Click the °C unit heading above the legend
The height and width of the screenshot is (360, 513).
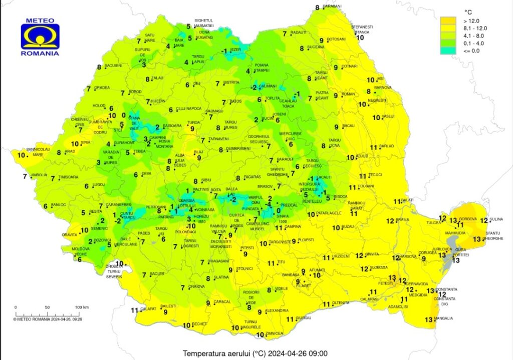coord(469,11)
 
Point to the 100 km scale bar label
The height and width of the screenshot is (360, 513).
coord(82,306)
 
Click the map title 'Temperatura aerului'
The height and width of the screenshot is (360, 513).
coord(220,352)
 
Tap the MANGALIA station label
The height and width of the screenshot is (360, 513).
coord(443,318)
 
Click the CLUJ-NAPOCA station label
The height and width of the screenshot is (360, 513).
coord(188,109)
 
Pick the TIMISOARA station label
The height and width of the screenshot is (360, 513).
coord(69,177)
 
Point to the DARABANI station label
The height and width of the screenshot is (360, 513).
coord(332,6)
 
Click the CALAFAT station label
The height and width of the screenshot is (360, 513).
coord(149,309)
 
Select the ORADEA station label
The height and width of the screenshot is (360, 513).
coord(102,88)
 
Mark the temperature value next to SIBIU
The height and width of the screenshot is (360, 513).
coord(196,181)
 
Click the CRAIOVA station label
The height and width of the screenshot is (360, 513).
coord(196,286)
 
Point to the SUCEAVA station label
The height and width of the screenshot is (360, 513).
coord(316,47)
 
